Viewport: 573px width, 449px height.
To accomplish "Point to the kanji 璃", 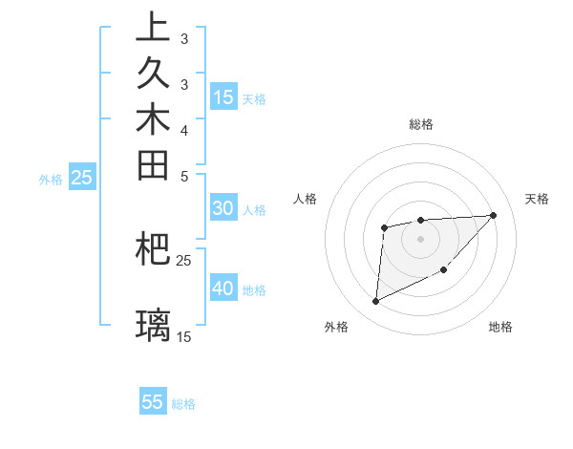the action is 153,325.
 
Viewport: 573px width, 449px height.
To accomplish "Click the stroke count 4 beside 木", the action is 183,130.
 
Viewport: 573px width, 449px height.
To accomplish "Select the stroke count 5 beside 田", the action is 183,177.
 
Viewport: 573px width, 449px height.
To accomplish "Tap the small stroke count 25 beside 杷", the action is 183,260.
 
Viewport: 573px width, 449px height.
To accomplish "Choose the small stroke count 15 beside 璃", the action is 183,336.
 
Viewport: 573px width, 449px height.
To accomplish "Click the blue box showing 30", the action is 223,209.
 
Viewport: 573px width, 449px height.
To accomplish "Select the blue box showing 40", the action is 223,289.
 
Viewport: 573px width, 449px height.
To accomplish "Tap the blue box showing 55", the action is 153,402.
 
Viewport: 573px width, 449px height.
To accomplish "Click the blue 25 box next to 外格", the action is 82,177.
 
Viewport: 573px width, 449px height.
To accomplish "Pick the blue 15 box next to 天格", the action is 223,96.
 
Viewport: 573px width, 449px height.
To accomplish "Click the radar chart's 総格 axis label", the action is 420,124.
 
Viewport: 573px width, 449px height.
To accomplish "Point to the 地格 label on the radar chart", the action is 500,328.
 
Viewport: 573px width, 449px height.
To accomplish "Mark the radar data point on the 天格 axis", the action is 493,215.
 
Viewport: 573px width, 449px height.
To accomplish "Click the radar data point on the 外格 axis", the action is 375,302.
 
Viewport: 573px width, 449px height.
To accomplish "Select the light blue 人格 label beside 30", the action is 254,210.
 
